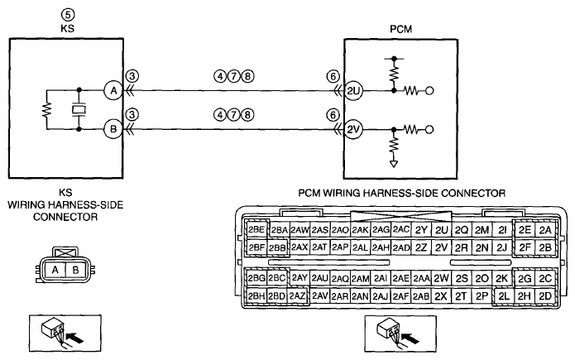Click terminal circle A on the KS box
tap(113, 90)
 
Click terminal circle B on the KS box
tap(113, 129)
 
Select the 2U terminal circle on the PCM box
tap(353, 91)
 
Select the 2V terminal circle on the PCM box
tap(353, 130)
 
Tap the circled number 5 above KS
tap(68, 15)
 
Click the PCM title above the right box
tap(400, 29)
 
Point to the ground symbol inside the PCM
tap(394, 164)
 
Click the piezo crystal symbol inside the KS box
tap(79, 110)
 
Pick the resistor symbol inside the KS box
tap(47, 110)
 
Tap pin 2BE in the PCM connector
tap(256, 230)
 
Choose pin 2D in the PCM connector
tap(545, 295)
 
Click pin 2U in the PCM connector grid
tap(442, 230)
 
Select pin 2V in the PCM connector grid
tap(442, 247)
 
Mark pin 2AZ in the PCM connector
tap(297, 295)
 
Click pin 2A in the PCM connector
tap(545, 230)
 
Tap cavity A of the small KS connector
tap(55, 270)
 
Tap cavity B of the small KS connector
tap(75, 270)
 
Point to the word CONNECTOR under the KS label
tap(65, 217)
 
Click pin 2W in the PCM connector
tap(442, 279)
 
